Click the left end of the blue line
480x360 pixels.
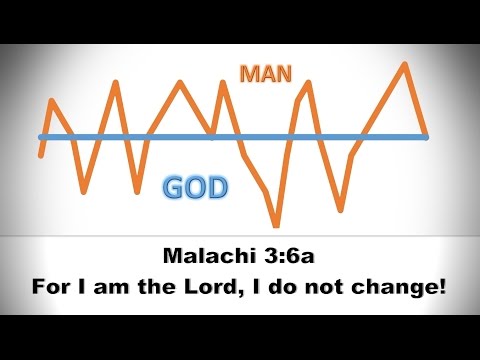coord(40,137)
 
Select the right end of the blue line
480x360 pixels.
coord(428,137)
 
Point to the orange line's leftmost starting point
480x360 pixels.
coord(40,155)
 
